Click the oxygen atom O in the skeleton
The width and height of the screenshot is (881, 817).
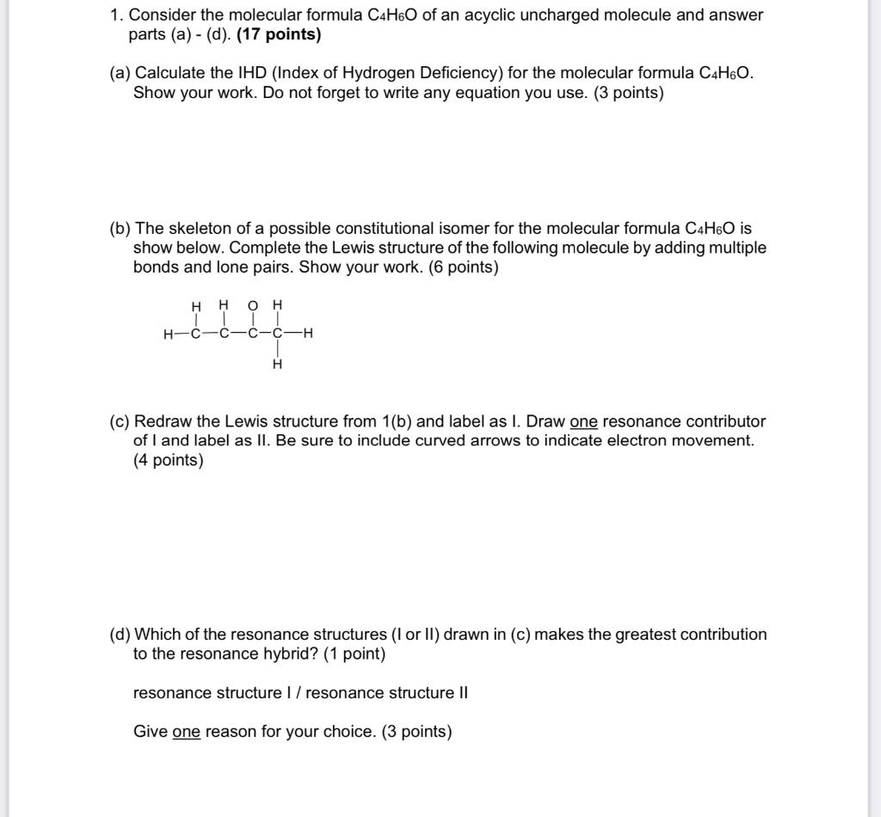[x=252, y=305]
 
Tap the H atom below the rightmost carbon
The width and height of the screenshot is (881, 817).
[x=277, y=365]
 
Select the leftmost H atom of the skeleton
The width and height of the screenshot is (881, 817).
[x=168, y=335]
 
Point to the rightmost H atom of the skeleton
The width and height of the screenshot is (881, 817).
[x=307, y=335]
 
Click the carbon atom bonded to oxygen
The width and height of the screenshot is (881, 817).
[x=252, y=335]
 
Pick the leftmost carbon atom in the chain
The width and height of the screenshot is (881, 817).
[x=196, y=335]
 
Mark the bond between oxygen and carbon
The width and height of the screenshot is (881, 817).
[x=252, y=320]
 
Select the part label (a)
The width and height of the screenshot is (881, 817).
[x=120, y=73]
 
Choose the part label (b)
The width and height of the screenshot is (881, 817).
[x=120, y=228]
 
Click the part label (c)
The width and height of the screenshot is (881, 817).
[x=120, y=421]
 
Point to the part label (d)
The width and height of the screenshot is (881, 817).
[x=120, y=635]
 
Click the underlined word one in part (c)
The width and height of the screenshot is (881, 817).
[x=583, y=421]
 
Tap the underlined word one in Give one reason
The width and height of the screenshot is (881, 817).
[x=186, y=732]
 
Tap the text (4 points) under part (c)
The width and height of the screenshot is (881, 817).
[x=169, y=460]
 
